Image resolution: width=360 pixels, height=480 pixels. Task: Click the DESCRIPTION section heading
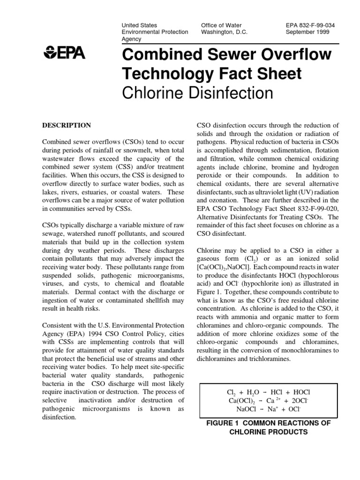pos(67,125)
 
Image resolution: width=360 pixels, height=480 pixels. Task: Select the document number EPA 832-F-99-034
pos(311,25)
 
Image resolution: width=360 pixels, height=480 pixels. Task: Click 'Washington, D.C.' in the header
pos(224,32)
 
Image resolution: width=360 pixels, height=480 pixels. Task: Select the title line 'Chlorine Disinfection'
pos(197,93)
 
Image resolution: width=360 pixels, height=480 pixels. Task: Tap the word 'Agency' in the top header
pos(131,40)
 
